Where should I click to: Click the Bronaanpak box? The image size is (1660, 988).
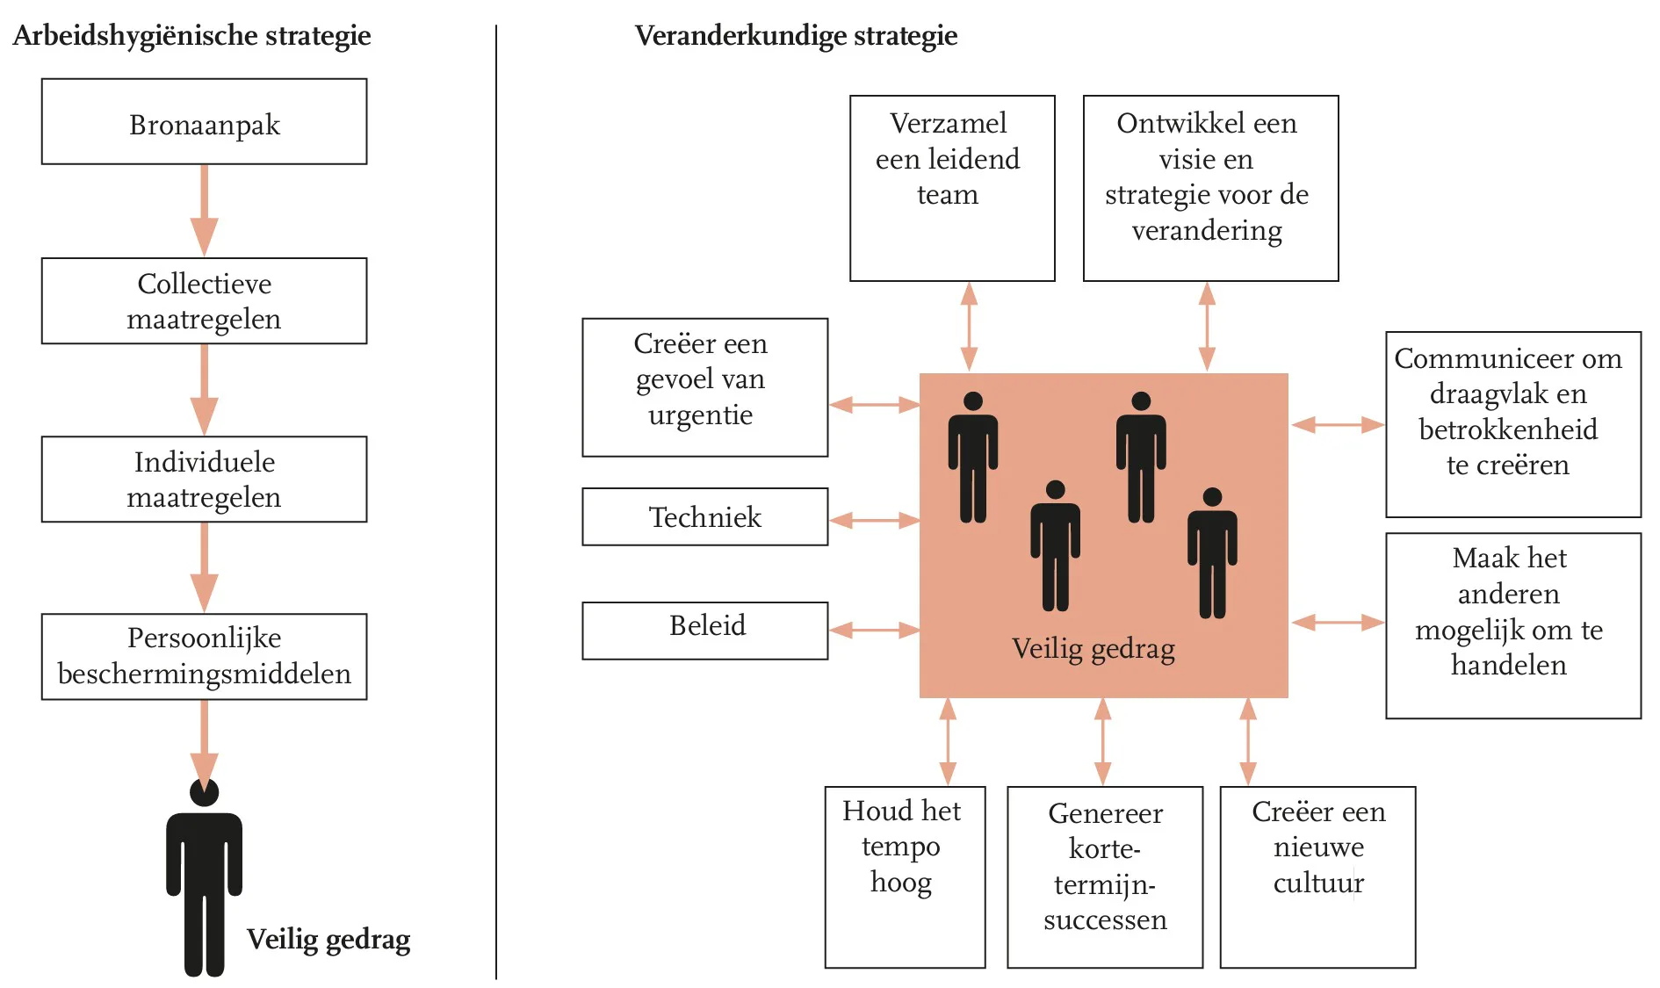pyautogui.click(x=204, y=122)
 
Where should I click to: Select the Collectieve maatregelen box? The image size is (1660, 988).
pyautogui.click(x=204, y=300)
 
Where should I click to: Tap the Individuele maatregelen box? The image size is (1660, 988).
pyautogui.click(x=204, y=479)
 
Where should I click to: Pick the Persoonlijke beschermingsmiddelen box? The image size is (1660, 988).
pyautogui.click(x=204, y=656)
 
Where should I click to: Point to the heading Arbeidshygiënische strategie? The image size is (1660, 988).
pyautogui.click(x=191, y=36)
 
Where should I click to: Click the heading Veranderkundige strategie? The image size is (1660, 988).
pyautogui.click(x=796, y=36)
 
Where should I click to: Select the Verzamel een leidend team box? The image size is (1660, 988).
pyautogui.click(x=952, y=188)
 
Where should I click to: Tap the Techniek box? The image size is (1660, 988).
pyautogui.click(x=704, y=517)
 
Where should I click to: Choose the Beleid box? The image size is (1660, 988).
pyautogui.click(x=704, y=630)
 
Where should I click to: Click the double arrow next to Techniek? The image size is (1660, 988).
pyautogui.click(x=874, y=521)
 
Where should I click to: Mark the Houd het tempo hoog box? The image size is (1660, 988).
pyautogui.click(x=905, y=876)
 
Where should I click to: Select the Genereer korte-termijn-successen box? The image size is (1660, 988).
pyautogui.click(x=1104, y=876)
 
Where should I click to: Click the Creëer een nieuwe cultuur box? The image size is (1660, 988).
pyautogui.click(x=1317, y=876)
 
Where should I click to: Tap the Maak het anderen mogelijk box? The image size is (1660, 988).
pyautogui.click(x=1512, y=625)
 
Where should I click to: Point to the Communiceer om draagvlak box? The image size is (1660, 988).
pyautogui.click(x=1512, y=424)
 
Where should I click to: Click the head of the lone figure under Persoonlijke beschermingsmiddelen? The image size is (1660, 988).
pyautogui.click(x=204, y=792)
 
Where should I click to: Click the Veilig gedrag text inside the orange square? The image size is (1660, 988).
pyautogui.click(x=1093, y=649)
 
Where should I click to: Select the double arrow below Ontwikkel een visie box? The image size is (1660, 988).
pyautogui.click(x=1207, y=326)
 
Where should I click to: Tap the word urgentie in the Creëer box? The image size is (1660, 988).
pyautogui.click(x=700, y=415)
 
